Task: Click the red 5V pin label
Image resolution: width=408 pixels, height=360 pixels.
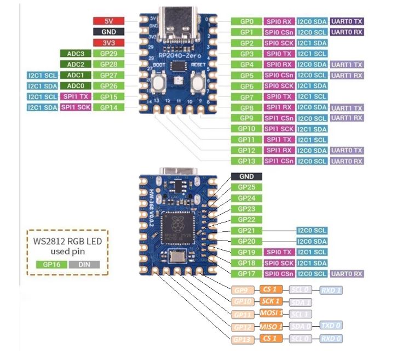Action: (x=109, y=21)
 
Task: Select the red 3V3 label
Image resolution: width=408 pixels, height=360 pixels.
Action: (x=109, y=43)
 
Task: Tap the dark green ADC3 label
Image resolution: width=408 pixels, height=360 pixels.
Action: (x=76, y=54)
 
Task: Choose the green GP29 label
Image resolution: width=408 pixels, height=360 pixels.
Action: (x=109, y=54)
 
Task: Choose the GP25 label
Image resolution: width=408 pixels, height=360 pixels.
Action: (x=246, y=187)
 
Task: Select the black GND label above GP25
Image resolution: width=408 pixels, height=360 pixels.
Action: (x=246, y=176)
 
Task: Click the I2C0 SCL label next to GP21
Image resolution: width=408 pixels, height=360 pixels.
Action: (x=312, y=231)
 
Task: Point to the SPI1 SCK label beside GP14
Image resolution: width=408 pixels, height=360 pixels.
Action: (x=76, y=107)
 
